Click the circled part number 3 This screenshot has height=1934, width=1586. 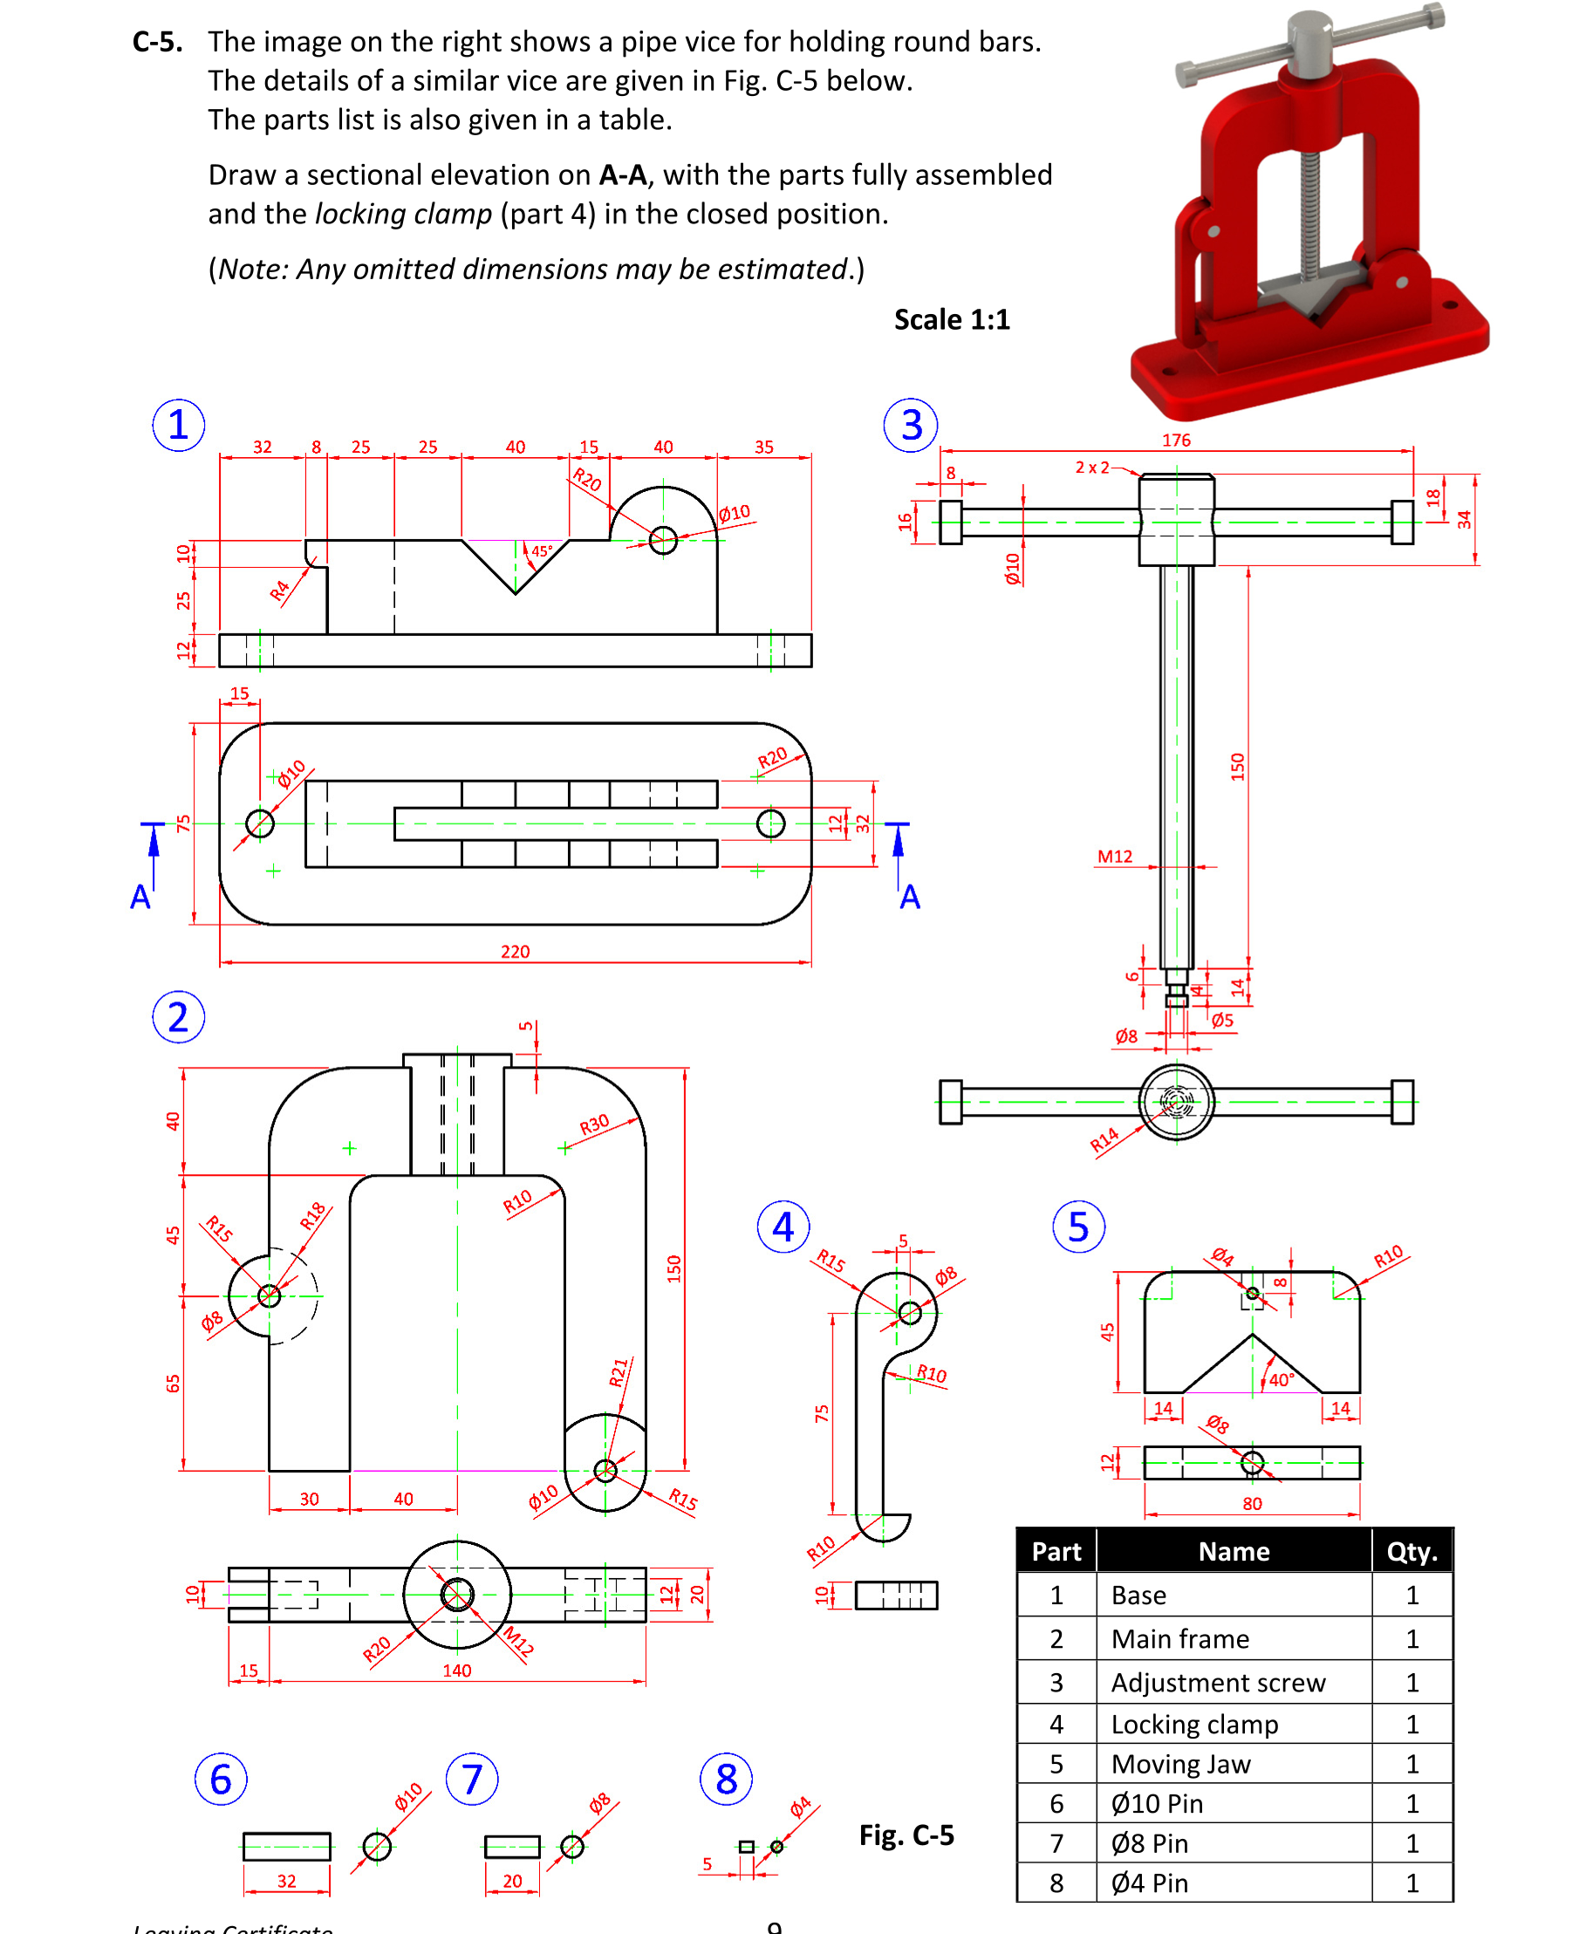click(x=911, y=425)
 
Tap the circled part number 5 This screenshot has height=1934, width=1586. click(x=1078, y=1227)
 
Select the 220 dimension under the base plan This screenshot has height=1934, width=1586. click(x=515, y=951)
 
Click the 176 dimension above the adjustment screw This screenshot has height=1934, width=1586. click(x=1176, y=440)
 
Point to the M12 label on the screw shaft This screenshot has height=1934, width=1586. click(x=1114, y=856)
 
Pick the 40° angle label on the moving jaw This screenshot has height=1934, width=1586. click(x=1281, y=1379)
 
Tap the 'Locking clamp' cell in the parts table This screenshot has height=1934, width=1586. click(x=1194, y=1724)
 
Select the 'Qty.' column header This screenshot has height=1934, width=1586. click(x=1412, y=1551)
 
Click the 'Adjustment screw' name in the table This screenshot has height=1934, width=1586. click(x=1217, y=1682)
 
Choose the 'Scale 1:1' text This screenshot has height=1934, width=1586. click(x=951, y=320)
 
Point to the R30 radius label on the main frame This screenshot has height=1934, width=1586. click(x=594, y=1124)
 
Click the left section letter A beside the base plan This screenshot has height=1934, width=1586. click(x=140, y=897)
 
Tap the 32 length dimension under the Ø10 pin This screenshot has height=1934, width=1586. click(x=286, y=1881)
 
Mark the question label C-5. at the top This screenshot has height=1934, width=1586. click(x=157, y=42)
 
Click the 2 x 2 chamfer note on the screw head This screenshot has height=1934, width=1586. click(x=1091, y=467)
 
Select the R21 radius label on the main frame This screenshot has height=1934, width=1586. click(x=619, y=1372)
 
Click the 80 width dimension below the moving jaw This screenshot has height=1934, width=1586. click(x=1252, y=1504)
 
